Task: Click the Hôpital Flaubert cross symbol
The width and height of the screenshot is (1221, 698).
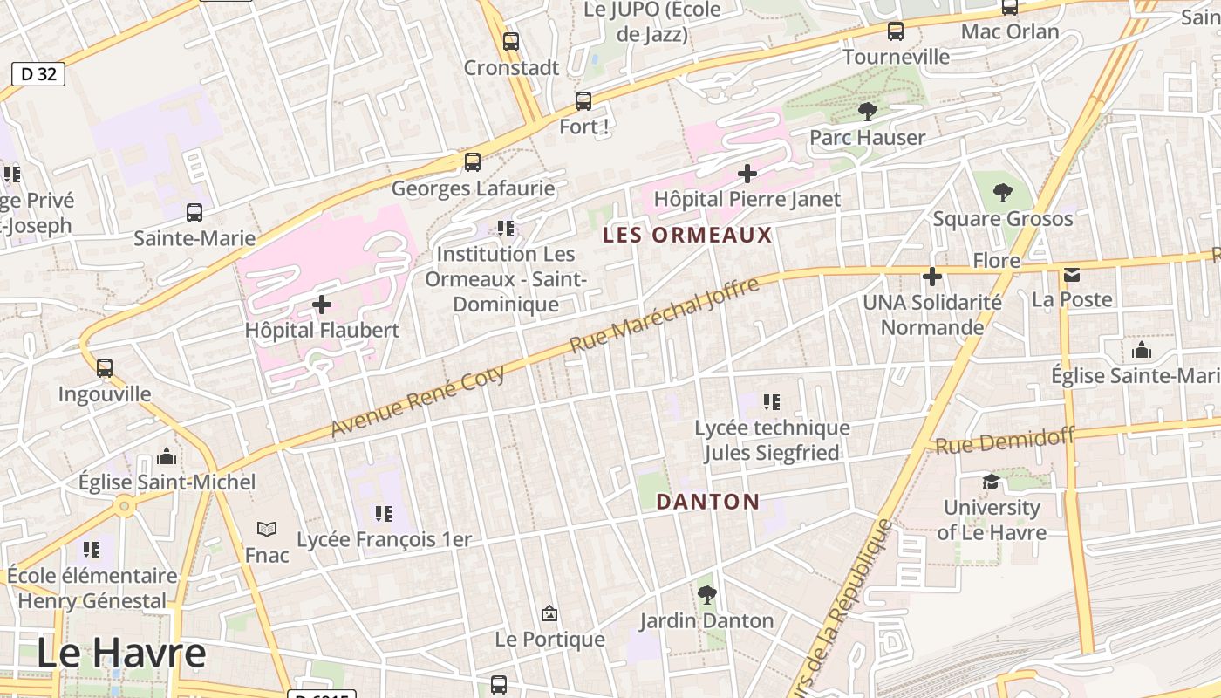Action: coord(322,305)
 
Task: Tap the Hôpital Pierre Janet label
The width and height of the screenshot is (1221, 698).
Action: coord(747,199)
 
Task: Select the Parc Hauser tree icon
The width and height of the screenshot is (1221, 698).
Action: coord(867,112)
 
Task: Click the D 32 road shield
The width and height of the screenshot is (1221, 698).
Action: coord(38,74)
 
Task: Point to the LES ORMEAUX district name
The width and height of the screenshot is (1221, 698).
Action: coord(688,235)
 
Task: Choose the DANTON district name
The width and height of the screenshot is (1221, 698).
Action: coord(707,502)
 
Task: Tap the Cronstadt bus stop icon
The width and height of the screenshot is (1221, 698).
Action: coord(511,41)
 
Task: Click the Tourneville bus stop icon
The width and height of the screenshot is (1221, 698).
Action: coord(896,31)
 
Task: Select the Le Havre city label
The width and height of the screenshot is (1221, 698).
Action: coord(121,653)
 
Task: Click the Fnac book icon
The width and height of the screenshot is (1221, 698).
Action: coord(267,529)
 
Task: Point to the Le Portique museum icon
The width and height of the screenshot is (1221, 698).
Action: coord(549,613)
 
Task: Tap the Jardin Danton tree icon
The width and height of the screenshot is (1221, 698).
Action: coord(706,595)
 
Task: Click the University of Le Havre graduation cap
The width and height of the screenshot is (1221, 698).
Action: coord(991,482)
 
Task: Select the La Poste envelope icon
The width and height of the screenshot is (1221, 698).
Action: coord(1072,275)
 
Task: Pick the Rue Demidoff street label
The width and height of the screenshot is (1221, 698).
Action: coord(1005,440)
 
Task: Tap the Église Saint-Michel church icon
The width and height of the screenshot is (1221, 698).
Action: coord(167,456)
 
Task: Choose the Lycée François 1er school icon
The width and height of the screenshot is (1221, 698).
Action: coord(383,514)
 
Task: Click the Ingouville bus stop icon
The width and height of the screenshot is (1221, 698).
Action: coord(105,368)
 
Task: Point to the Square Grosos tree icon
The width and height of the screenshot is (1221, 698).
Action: coord(1003,192)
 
